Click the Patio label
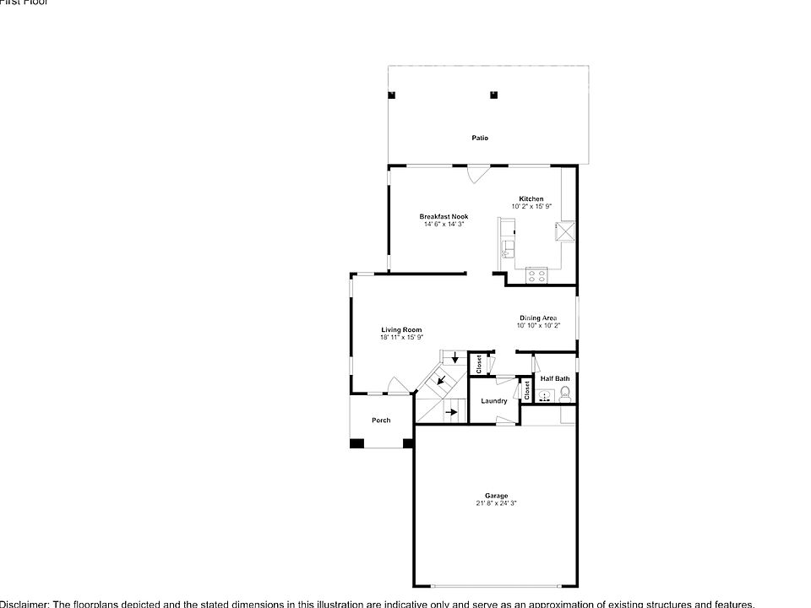[x=480, y=138]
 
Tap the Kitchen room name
[x=531, y=199]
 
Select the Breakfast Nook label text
[x=444, y=217]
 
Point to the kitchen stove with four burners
[x=536, y=274]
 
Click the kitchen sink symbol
[x=509, y=249]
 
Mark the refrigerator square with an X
[x=564, y=231]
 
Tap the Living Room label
[x=401, y=330]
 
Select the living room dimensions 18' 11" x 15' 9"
[x=401, y=338]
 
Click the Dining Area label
[x=538, y=318]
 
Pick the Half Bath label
[x=555, y=378]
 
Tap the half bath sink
[x=546, y=394]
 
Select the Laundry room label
[x=494, y=401]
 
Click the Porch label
[x=381, y=421]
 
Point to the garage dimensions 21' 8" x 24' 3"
[x=496, y=503]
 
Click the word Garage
[x=496, y=496]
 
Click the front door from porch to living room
[x=397, y=391]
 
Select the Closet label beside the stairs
[x=479, y=364]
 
